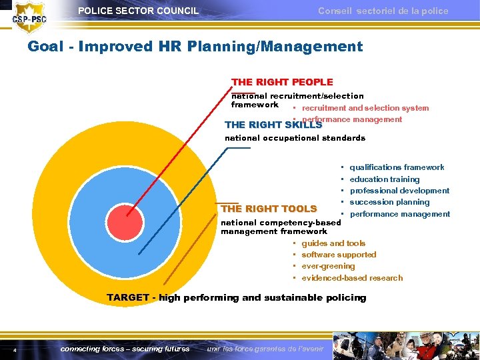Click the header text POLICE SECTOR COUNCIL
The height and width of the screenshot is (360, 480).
pos(138,11)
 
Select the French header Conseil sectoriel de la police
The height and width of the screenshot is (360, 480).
pos(383,11)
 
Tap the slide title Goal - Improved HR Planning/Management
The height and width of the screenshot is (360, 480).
pos(195,47)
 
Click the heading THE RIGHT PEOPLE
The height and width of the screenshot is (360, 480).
pos(282,82)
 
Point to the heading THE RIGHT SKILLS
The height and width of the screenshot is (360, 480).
pos(273,125)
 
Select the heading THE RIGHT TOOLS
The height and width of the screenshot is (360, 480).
pos(269,209)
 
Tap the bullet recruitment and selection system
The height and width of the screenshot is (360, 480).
pos(365,108)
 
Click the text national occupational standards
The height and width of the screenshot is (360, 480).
pos(295,138)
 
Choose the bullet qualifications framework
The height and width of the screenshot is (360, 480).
pos(397,167)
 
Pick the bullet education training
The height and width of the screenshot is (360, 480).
pos(385,179)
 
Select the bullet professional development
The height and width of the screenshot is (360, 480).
pos(399,191)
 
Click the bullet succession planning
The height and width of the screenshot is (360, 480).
pos(389,202)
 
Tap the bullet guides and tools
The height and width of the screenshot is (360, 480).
pos(333,243)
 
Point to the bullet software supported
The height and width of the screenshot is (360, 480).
pos(339,255)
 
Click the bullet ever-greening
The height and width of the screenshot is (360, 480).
pos(328,266)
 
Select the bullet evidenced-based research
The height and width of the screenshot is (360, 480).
pos(352,278)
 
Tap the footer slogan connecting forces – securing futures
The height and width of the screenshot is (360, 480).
pos(125,349)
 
